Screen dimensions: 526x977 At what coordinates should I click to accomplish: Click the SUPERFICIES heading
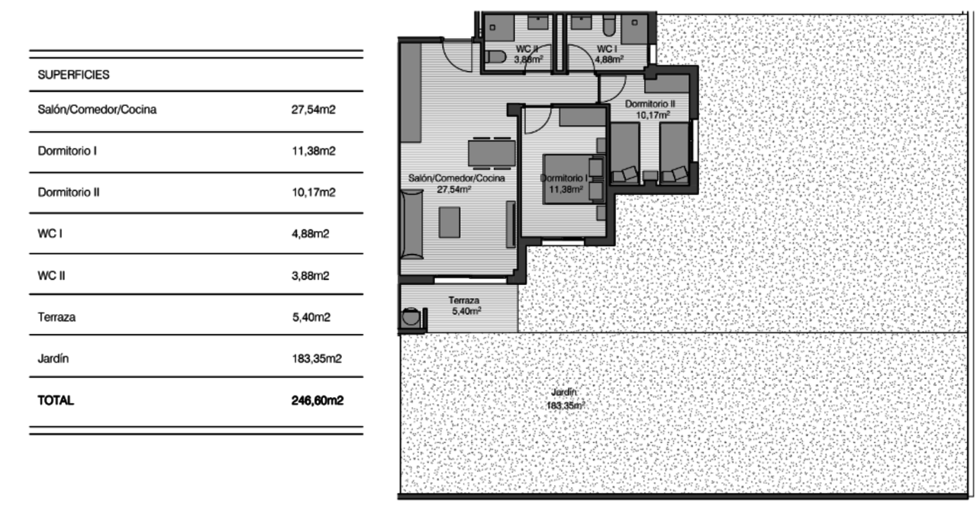point(73,75)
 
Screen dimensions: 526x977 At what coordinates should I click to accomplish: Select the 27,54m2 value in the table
point(314,110)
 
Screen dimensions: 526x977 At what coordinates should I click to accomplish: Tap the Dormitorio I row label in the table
point(67,151)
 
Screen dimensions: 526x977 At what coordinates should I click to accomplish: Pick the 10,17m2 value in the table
point(314,192)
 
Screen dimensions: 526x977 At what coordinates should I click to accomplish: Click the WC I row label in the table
point(50,233)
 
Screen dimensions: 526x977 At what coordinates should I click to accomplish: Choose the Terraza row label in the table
point(56,317)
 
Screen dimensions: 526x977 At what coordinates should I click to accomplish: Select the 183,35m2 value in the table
point(316,358)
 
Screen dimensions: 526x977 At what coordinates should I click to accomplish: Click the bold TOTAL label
point(56,400)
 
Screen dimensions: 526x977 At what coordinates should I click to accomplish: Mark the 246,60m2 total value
point(317,400)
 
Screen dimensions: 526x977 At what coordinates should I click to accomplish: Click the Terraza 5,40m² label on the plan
point(464,306)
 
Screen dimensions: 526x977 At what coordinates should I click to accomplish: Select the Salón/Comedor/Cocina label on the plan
point(456,183)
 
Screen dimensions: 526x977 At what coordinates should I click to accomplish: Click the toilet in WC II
point(495,56)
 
